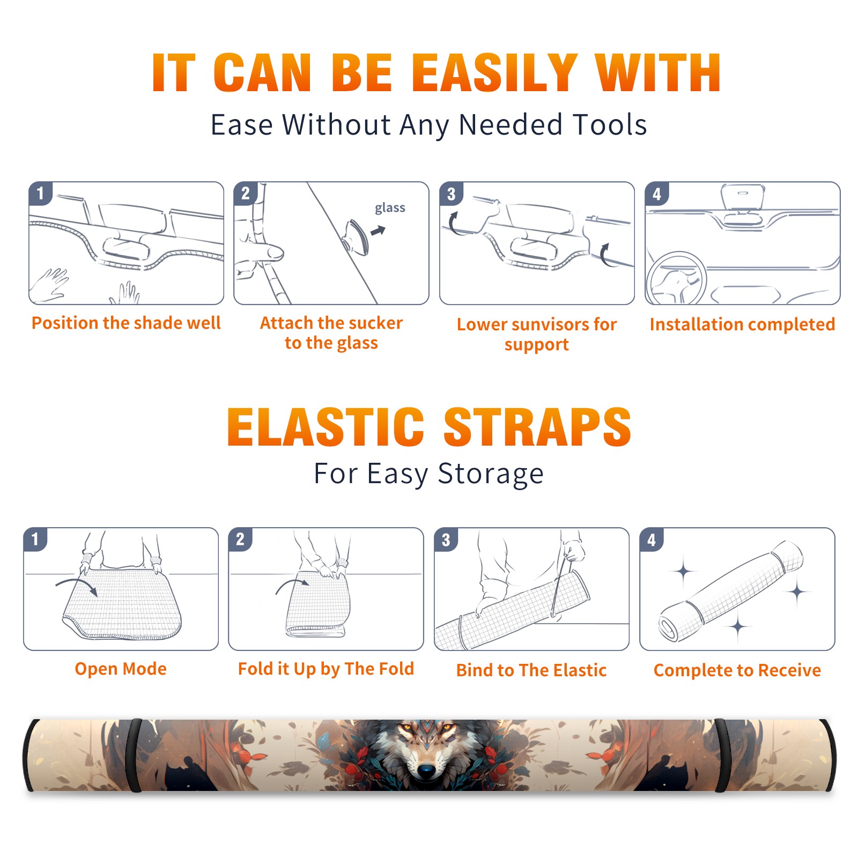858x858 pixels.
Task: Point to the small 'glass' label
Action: tap(390, 208)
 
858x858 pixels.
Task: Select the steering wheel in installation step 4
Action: tap(676, 278)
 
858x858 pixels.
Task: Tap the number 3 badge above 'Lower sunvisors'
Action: tap(452, 194)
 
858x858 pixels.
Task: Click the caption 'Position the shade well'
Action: tap(126, 323)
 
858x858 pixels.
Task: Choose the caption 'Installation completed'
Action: tap(742, 324)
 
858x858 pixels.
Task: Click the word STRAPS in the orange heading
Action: tap(537, 427)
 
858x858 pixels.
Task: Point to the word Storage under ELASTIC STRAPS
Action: tap(491, 474)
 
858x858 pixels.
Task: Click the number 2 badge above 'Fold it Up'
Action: tap(240, 539)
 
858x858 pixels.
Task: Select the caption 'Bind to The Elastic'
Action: tap(531, 670)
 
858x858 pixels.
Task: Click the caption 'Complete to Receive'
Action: tap(737, 670)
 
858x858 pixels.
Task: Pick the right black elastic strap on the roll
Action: tap(722, 755)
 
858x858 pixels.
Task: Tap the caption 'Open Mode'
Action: tap(121, 669)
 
